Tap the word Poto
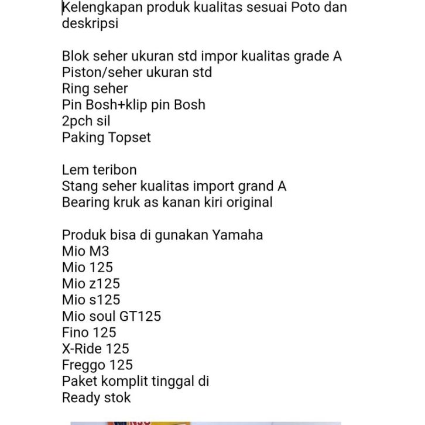coord(301,8)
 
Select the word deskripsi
coord(90,24)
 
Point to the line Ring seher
coord(95,89)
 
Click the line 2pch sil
coord(86,121)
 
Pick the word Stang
coord(78,186)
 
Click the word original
coord(248,203)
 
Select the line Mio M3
coord(85,251)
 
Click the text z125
coord(105,284)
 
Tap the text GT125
coord(140,316)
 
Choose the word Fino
coord(75,333)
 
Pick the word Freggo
coord(84,365)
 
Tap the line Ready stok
coord(97,398)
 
